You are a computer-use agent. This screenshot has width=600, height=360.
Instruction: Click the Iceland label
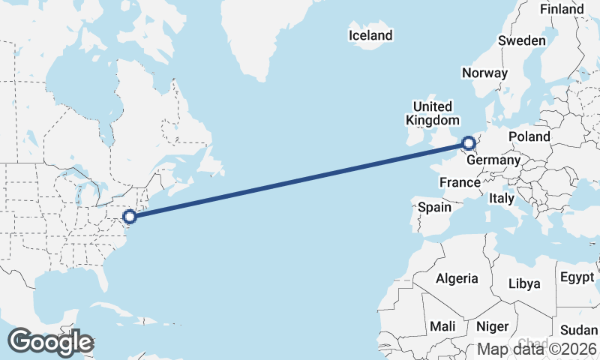pyautogui.click(x=370, y=35)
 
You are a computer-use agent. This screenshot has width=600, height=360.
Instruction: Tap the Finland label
pyautogui.click(x=561, y=9)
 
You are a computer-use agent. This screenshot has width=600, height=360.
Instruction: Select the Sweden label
pyautogui.click(x=522, y=40)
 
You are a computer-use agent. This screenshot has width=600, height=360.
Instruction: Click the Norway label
pyautogui.click(x=484, y=73)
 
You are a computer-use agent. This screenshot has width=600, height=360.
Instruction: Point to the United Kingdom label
pyautogui.click(x=432, y=113)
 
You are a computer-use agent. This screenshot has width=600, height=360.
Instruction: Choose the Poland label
pyautogui.click(x=529, y=136)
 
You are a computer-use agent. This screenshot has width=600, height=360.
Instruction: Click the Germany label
pyautogui.click(x=493, y=160)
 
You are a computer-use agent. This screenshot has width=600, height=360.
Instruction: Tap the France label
pyautogui.click(x=460, y=182)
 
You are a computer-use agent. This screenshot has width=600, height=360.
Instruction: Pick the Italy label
pyautogui.click(x=501, y=199)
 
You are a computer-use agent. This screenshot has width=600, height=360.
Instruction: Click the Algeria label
pyautogui.click(x=457, y=278)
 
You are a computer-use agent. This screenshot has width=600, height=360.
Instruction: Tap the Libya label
pyautogui.click(x=524, y=283)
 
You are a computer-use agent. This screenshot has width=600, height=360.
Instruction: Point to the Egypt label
pyautogui.click(x=577, y=277)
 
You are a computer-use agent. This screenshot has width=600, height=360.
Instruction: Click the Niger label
pyautogui.click(x=493, y=326)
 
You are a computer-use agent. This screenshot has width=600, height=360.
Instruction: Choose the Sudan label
pyautogui.click(x=579, y=330)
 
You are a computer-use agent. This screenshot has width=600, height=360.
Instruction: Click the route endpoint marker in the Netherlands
pyautogui.click(x=468, y=142)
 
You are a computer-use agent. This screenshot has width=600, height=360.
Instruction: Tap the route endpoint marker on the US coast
pyautogui.click(x=129, y=217)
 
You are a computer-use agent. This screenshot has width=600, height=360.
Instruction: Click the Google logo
pyautogui.click(x=50, y=342)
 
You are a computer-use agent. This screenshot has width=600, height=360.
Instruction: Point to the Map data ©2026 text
pyautogui.click(x=537, y=349)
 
